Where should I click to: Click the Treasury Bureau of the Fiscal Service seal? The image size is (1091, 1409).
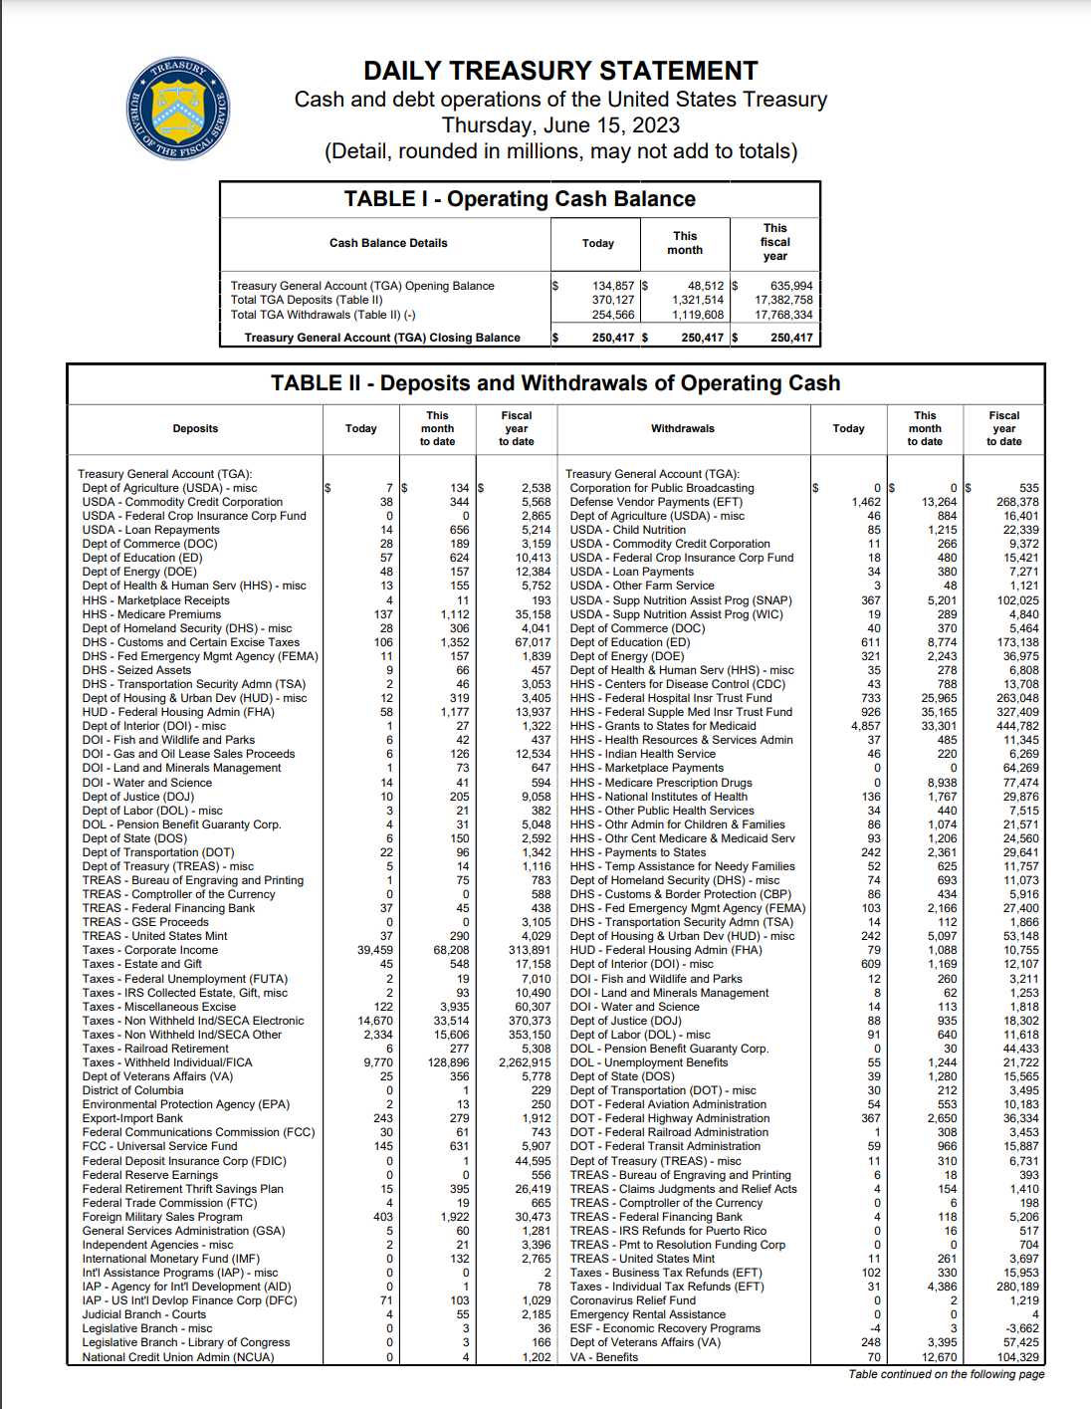pyautogui.click(x=179, y=107)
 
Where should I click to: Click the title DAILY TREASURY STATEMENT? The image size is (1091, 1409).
pyautogui.click(x=560, y=72)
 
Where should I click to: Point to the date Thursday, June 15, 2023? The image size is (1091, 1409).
pyautogui.click(x=560, y=125)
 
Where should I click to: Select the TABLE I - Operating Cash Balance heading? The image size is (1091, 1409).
pyautogui.click(x=520, y=199)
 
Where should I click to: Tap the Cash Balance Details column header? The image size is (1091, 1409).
pyautogui.click(x=388, y=243)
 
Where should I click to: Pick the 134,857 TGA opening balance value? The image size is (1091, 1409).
pyautogui.click(x=613, y=286)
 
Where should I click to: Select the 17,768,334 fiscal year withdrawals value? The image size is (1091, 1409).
pyautogui.click(x=783, y=315)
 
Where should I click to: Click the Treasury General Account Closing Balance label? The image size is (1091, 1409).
pyautogui.click(x=382, y=338)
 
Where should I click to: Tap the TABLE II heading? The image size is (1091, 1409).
pyautogui.click(x=555, y=383)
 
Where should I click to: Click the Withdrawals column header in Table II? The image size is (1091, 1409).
pyautogui.click(x=683, y=428)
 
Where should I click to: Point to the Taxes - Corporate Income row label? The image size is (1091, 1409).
pyautogui.click(x=150, y=950)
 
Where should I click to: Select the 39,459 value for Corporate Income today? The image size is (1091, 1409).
pyautogui.click(x=375, y=950)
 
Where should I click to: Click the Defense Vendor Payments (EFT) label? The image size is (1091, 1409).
pyautogui.click(x=656, y=502)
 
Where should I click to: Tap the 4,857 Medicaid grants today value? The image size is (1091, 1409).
pyautogui.click(x=866, y=726)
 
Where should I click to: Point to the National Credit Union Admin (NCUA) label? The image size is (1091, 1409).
pyautogui.click(x=178, y=1357)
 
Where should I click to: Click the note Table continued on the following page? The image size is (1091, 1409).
pyautogui.click(x=947, y=1374)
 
